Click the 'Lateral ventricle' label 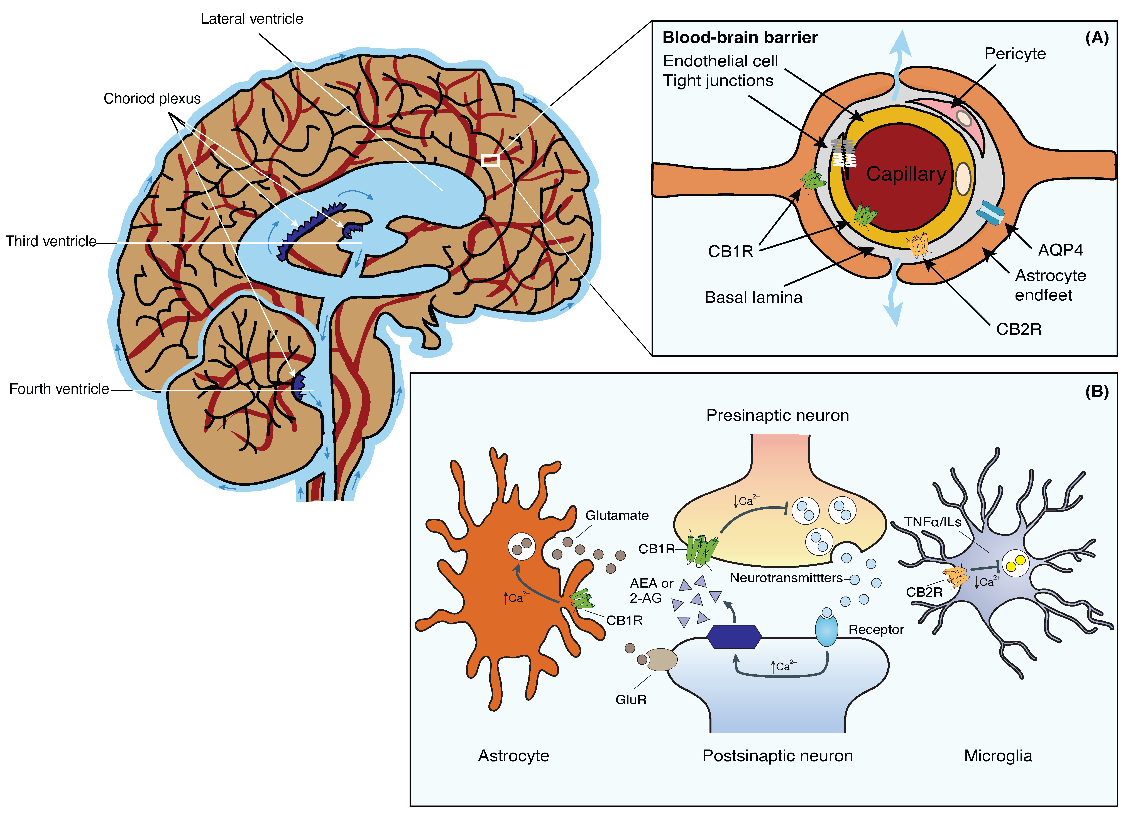(x=252, y=19)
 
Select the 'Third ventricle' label (x=51, y=241)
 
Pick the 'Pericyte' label (x=1015, y=54)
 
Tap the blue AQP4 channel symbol (x=990, y=212)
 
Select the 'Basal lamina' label (x=753, y=298)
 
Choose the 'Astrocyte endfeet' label (x=1050, y=285)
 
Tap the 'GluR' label (x=631, y=700)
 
